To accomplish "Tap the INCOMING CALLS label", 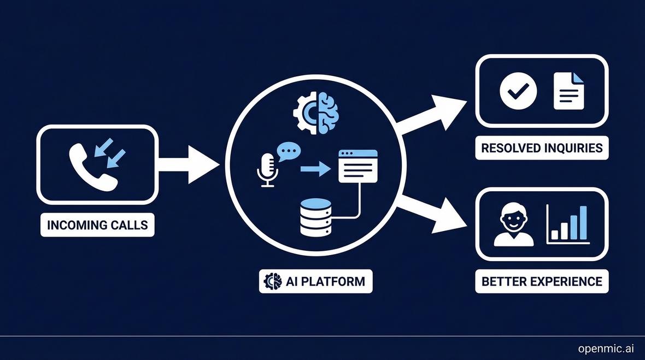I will pos(97,225).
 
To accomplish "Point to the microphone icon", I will pos(267,169).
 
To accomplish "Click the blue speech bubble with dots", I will pos(289,151).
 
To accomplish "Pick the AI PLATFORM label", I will pos(315,281).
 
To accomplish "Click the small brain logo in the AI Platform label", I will pos(272,281).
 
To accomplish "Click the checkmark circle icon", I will pos(518,91).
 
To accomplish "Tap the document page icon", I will pos(568,91).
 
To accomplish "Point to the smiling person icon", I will pos(513,225).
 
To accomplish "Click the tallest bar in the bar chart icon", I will pos(583,223).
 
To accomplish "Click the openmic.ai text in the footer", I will pos(606,349).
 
